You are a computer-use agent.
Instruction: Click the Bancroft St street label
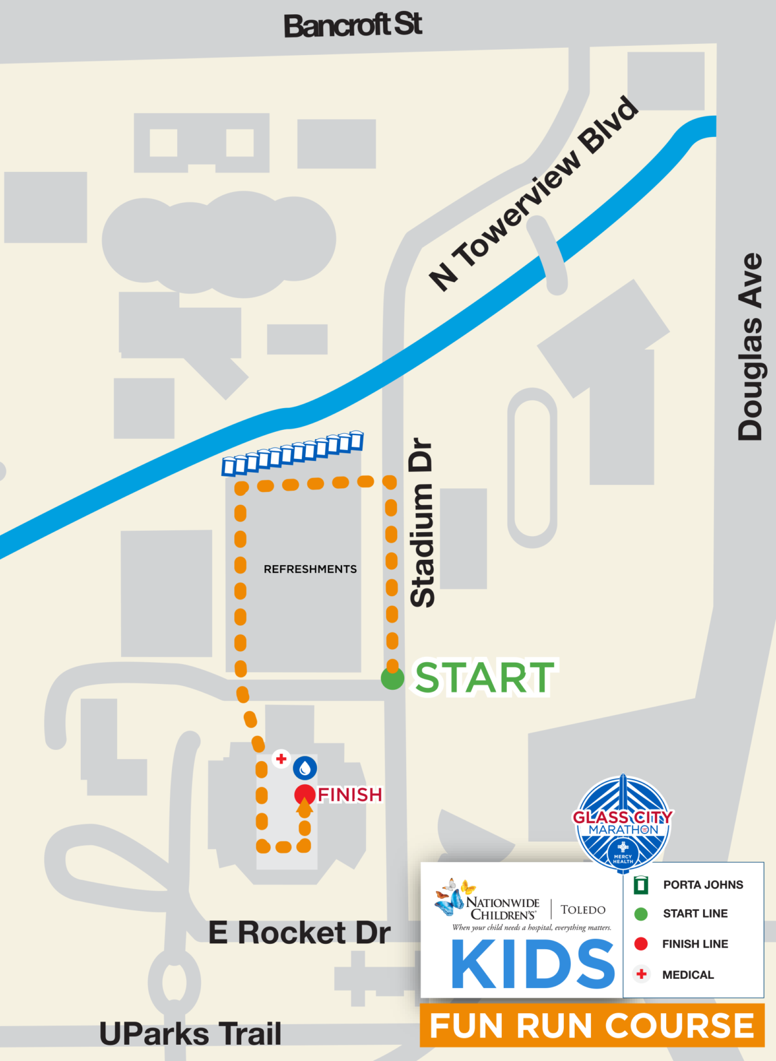(353, 26)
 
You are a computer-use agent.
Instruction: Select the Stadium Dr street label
(423, 522)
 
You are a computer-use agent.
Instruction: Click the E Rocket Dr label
(299, 933)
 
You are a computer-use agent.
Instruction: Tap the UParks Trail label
(191, 1033)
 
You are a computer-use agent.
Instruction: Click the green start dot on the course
(392, 679)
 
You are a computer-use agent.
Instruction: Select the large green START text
(484, 678)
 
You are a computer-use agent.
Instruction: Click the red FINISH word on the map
(350, 795)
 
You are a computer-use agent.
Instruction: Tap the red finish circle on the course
(305, 795)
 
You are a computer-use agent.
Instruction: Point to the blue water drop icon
(305, 768)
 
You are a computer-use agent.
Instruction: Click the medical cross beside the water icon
(281, 758)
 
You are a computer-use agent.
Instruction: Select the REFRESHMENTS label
(310, 569)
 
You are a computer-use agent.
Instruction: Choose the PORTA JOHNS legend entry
(703, 884)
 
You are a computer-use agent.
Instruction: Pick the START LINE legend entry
(695, 914)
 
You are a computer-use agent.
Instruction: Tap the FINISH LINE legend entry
(695, 944)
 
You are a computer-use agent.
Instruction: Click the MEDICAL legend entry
(687, 974)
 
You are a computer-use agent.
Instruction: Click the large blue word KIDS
(533, 965)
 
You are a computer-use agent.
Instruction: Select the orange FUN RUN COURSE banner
(592, 1026)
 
